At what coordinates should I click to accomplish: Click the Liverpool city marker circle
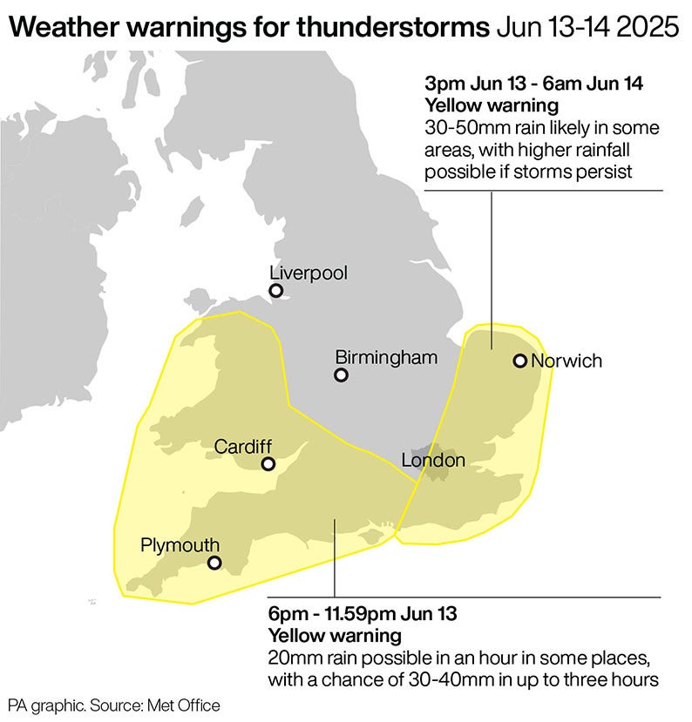tap(276, 291)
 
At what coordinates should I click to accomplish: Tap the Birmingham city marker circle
tap(342, 375)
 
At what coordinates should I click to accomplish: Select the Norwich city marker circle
tap(519, 361)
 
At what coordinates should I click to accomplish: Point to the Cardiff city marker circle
tap(268, 464)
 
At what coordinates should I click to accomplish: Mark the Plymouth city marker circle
tap(214, 563)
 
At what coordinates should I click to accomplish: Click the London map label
tap(433, 460)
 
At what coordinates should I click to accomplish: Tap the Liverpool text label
tap(309, 273)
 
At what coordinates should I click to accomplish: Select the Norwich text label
tap(566, 361)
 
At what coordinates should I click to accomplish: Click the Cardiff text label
tap(243, 446)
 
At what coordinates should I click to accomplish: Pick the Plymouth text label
tap(180, 545)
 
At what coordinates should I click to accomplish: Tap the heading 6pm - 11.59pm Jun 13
tap(362, 614)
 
